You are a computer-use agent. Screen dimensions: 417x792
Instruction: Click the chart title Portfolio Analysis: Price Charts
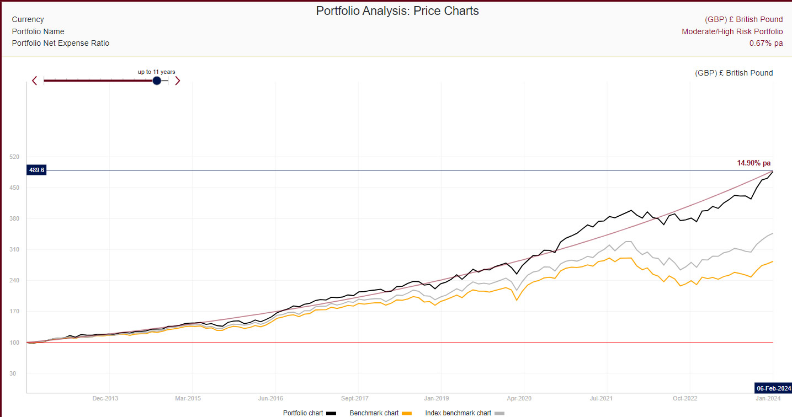(397, 10)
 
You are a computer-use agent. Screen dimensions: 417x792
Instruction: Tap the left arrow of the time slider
(35, 81)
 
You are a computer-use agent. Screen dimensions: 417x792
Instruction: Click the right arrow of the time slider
(177, 81)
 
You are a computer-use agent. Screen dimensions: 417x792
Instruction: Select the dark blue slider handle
(157, 81)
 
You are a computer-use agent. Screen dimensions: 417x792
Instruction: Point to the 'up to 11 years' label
(156, 72)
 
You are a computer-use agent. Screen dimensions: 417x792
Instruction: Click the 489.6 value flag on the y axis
(36, 170)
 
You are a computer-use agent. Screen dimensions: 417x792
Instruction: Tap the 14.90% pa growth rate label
(753, 163)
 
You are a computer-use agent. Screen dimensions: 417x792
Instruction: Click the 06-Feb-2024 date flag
(774, 387)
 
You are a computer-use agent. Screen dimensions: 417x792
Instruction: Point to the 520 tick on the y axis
(14, 157)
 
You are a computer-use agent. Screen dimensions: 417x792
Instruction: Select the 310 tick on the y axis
(14, 250)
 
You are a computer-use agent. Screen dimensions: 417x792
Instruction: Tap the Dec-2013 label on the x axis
(105, 398)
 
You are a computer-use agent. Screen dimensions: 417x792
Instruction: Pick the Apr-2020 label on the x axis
(519, 398)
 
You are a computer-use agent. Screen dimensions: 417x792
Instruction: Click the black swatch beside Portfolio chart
(331, 413)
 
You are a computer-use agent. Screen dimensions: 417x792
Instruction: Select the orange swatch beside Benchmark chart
(407, 413)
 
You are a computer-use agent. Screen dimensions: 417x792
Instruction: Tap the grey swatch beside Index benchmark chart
(499, 413)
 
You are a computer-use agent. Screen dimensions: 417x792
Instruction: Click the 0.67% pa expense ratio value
(766, 43)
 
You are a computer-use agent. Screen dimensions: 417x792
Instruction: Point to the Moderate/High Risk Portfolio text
(732, 31)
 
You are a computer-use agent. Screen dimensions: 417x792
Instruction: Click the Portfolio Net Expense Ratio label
(61, 43)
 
